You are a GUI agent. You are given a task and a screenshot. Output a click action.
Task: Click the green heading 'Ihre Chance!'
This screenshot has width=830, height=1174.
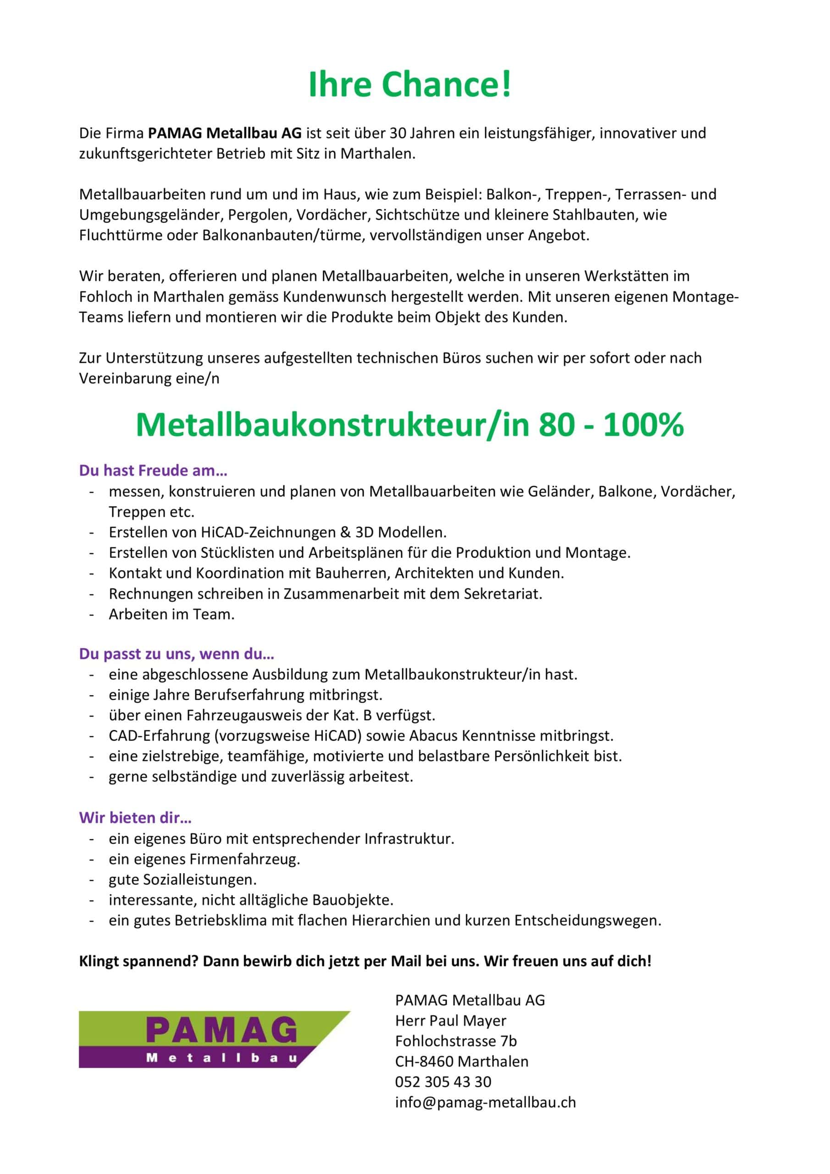coord(409,85)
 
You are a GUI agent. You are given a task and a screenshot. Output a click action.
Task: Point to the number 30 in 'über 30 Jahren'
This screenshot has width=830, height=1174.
coord(398,133)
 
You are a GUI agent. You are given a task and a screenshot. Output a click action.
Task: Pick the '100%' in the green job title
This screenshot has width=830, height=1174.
coord(643,425)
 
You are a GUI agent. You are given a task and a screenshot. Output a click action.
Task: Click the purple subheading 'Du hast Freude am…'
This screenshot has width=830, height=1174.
coord(153,471)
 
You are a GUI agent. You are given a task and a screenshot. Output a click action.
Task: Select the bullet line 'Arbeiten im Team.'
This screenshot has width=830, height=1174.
coord(172,614)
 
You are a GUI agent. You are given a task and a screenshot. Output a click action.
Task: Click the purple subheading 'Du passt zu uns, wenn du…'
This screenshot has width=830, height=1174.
coord(177,654)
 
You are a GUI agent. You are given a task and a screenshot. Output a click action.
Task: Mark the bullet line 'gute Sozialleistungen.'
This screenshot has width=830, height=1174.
coord(183,880)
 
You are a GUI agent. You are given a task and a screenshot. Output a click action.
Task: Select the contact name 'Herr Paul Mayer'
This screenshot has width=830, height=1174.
coord(451,1021)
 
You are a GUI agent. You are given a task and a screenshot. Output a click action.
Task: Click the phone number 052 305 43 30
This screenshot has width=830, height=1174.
coord(443,1082)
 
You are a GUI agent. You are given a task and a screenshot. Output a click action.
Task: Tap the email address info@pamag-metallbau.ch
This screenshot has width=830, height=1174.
coord(485,1102)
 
